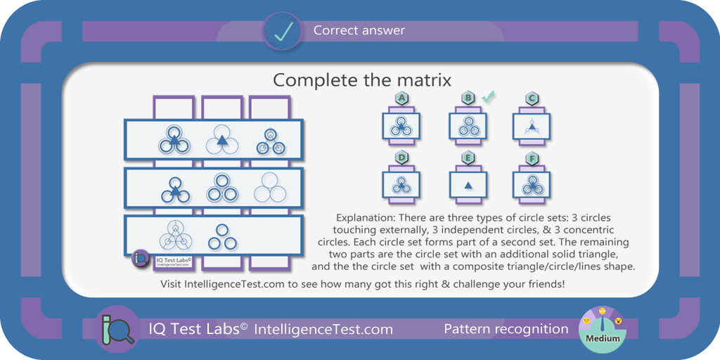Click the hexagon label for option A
click(401, 98)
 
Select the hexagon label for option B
click(467, 98)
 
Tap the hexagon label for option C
click(532, 98)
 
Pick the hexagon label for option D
click(401, 158)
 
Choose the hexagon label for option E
click(467, 158)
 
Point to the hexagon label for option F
click(532, 158)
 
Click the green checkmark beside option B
click(488, 97)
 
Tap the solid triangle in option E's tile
click(468, 186)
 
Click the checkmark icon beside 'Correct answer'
click(281, 32)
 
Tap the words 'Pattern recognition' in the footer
click(506, 329)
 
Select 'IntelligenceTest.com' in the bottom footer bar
click(323, 329)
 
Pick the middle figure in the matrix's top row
click(221, 140)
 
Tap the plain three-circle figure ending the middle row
click(270, 187)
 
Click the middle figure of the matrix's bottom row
click(222, 237)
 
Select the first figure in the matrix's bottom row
click(175, 235)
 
